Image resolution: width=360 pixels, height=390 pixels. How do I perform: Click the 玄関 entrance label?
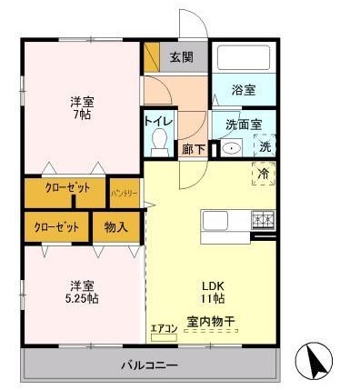182,57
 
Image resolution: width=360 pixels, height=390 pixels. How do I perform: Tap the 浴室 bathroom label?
243,91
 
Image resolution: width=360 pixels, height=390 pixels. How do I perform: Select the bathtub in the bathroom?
243,59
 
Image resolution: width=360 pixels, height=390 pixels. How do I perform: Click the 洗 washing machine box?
265,145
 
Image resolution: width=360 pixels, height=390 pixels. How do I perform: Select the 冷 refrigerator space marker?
264,171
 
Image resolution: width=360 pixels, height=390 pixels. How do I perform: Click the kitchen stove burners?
263,219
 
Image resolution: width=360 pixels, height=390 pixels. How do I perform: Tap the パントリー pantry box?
125,193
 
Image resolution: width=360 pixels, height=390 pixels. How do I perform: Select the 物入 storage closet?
115,226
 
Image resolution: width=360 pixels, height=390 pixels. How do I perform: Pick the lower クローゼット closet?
56,226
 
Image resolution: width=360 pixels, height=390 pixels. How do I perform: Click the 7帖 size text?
83,115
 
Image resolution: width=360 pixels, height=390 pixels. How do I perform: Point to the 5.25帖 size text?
84,297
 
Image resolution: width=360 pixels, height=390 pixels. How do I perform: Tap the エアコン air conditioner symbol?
163,334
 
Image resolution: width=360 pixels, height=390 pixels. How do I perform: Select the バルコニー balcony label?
150,365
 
